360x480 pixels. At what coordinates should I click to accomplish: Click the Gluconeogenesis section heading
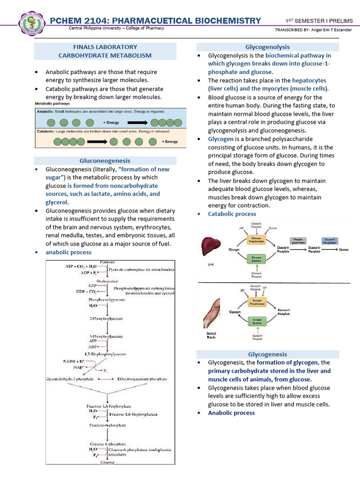(105, 160)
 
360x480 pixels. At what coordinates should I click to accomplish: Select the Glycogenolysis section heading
(267, 47)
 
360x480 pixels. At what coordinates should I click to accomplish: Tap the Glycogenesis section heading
(267, 354)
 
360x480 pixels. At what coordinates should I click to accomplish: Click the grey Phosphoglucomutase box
(299, 241)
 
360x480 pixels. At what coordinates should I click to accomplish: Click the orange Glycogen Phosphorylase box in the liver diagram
(256, 240)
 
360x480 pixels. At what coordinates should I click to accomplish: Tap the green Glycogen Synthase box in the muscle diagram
(257, 321)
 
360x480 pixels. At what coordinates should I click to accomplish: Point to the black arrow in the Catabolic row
(103, 141)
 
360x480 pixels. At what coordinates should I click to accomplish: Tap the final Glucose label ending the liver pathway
(344, 250)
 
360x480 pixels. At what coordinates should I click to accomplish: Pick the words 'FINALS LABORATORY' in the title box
(105, 47)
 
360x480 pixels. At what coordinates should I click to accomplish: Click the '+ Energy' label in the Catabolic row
(170, 141)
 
